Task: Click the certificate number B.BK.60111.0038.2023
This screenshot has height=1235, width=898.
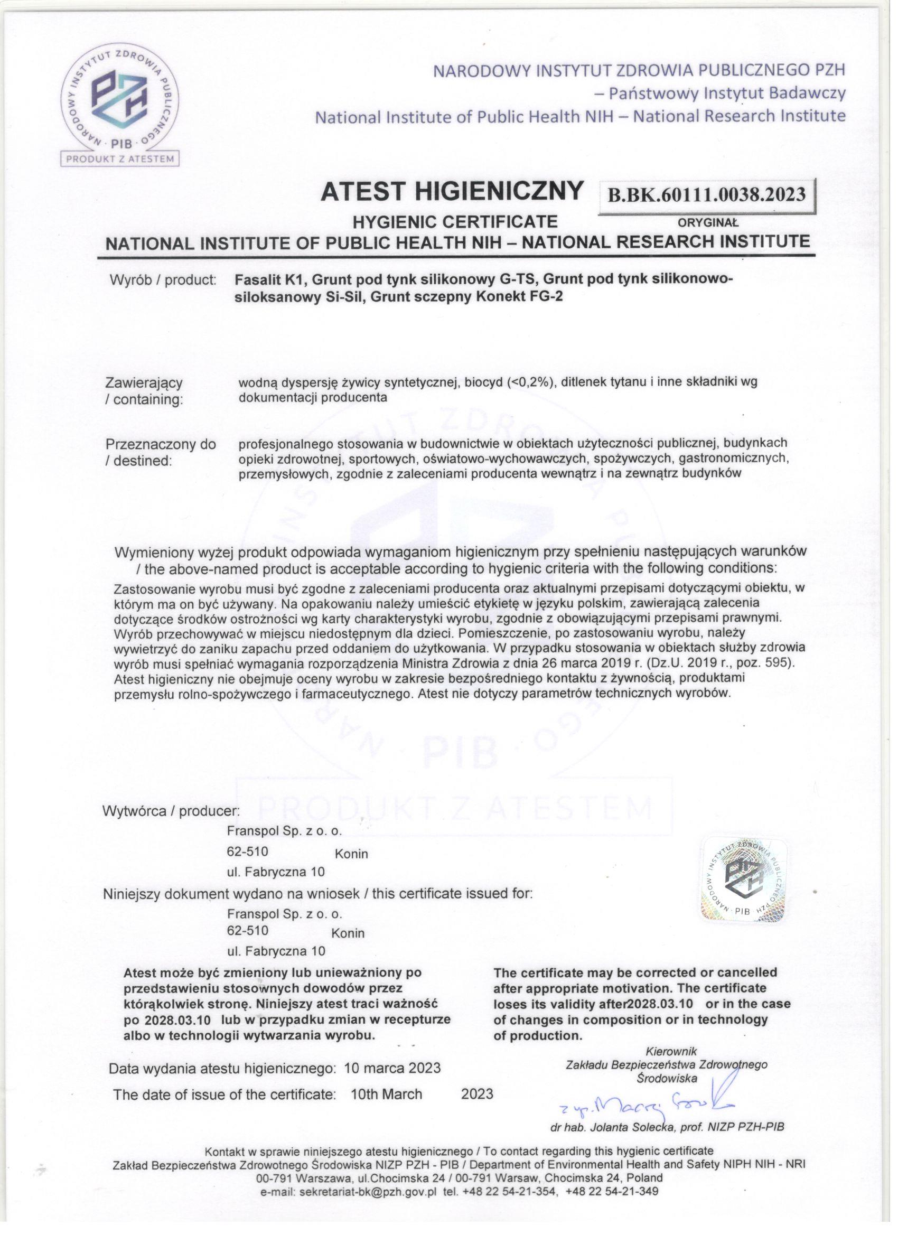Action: click(x=706, y=195)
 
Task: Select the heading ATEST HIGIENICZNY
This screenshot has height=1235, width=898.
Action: click(x=452, y=191)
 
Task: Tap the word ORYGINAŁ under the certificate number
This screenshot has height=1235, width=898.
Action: click(x=707, y=223)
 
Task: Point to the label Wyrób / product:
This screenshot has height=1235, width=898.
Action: click(x=163, y=280)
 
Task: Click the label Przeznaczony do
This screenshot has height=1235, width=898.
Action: click(x=161, y=444)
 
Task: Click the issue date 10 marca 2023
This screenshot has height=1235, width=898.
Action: click(x=392, y=1069)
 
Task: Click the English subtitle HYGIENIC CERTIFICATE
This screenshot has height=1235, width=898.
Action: click(x=455, y=222)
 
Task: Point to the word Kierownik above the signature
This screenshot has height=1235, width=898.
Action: click(x=671, y=1051)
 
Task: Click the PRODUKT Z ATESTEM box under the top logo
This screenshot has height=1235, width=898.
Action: click(x=120, y=159)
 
